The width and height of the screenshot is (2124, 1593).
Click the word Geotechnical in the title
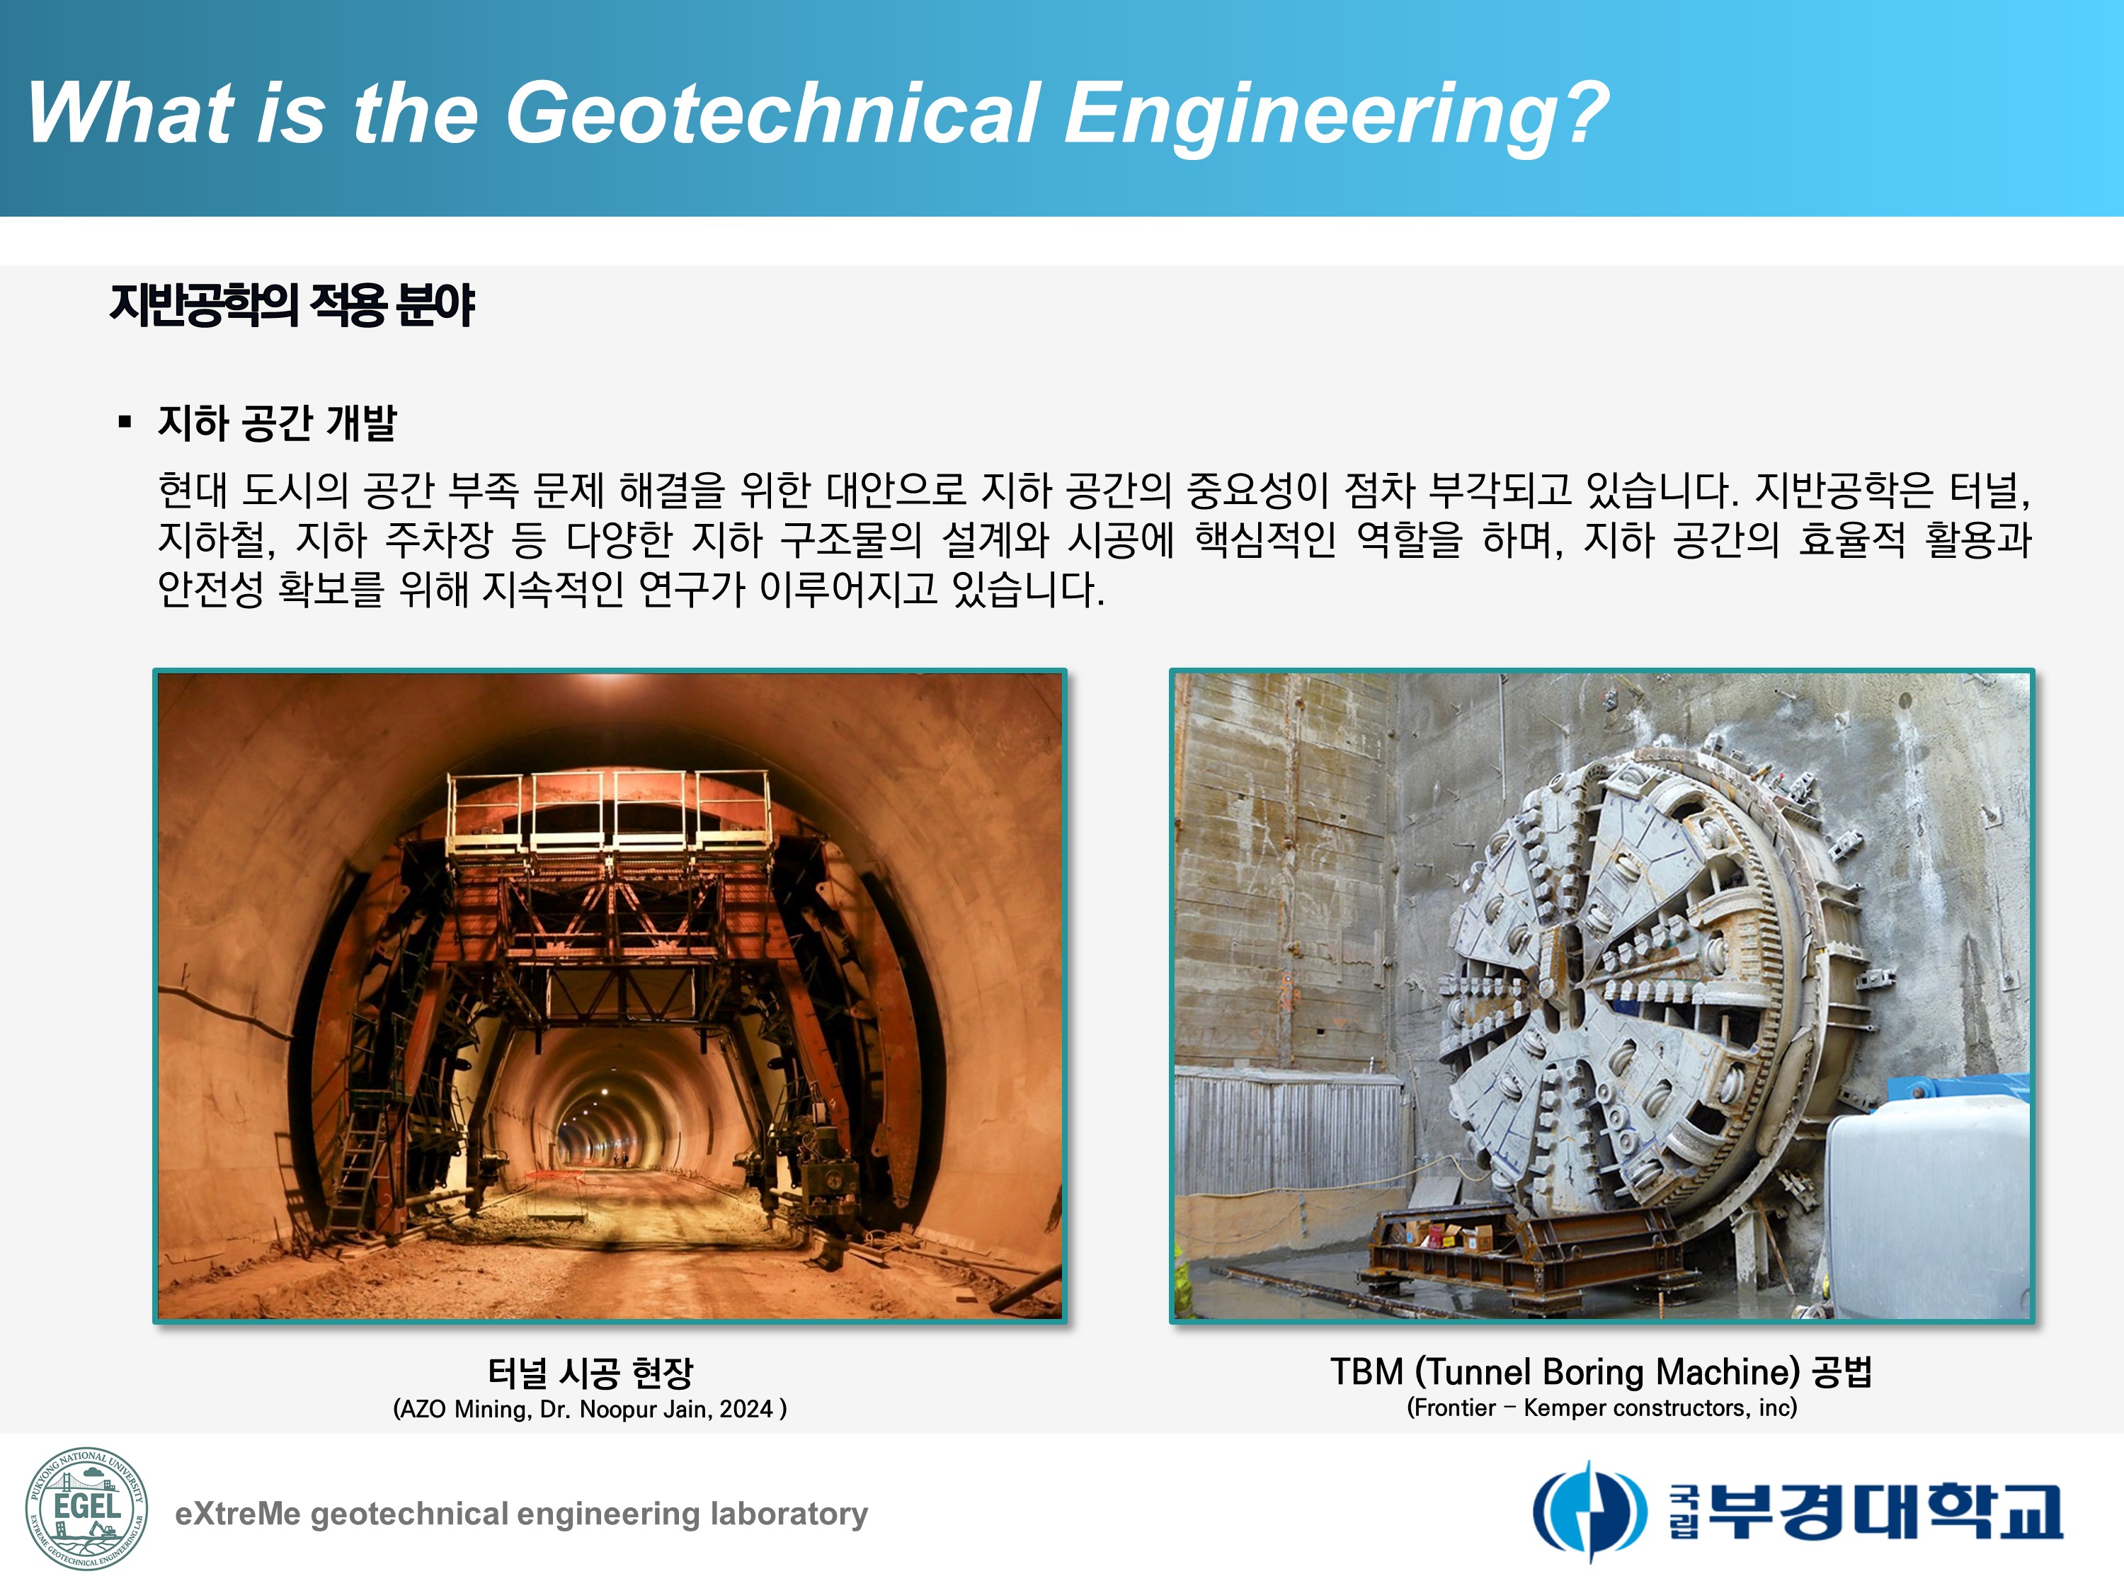point(772,113)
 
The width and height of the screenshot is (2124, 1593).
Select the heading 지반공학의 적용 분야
point(292,305)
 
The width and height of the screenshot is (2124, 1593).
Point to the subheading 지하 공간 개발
point(278,423)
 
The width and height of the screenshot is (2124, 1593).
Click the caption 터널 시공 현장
point(590,1372)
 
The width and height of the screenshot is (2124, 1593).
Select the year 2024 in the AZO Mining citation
point(746,1409)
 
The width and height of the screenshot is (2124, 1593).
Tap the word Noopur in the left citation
point(617,1410)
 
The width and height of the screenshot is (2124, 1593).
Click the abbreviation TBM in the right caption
point(1367,1371)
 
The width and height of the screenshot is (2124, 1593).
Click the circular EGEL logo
point(86,1509)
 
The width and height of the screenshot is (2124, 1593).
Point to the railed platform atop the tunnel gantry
point(610,811)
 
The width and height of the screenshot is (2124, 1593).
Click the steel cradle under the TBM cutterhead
point(1526,1253)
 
